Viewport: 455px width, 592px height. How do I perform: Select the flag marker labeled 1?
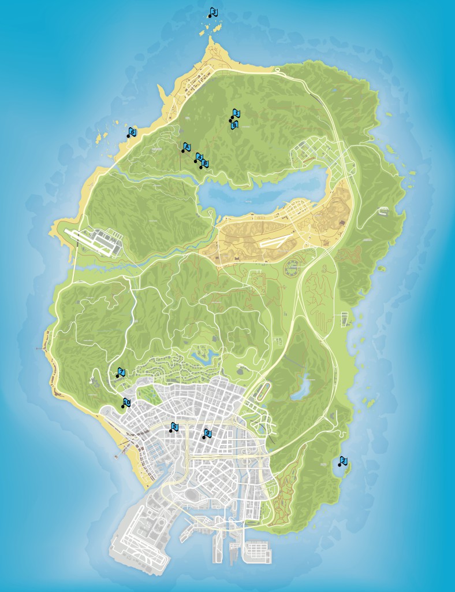[x=236, y=113]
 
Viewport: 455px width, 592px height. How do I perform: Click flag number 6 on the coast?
[x=132, y=132]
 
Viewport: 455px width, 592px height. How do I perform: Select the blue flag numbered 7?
[x=121, y=371]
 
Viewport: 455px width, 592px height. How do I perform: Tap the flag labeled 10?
[x=126, y=402]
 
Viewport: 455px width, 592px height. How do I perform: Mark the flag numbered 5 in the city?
[x=174, y=427]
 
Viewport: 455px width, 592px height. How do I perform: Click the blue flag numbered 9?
[x=208, y=433]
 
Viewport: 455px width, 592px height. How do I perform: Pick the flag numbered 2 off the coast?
[x=343, y=460]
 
